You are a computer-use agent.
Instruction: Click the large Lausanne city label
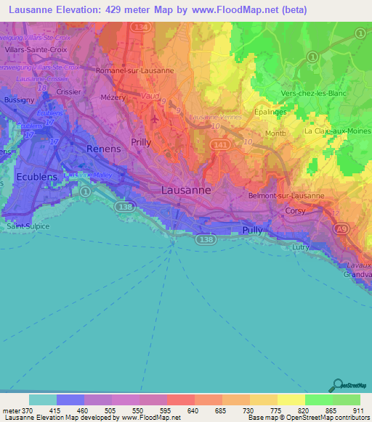pos(185,189)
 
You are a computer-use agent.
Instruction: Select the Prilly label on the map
pos(141,142)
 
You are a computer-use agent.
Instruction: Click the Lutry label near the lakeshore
pos(320,247)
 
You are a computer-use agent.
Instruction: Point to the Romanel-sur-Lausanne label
pos(135,70)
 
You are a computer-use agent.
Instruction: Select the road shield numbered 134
pos(140,28)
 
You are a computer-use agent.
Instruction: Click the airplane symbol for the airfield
pos(155,117)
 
